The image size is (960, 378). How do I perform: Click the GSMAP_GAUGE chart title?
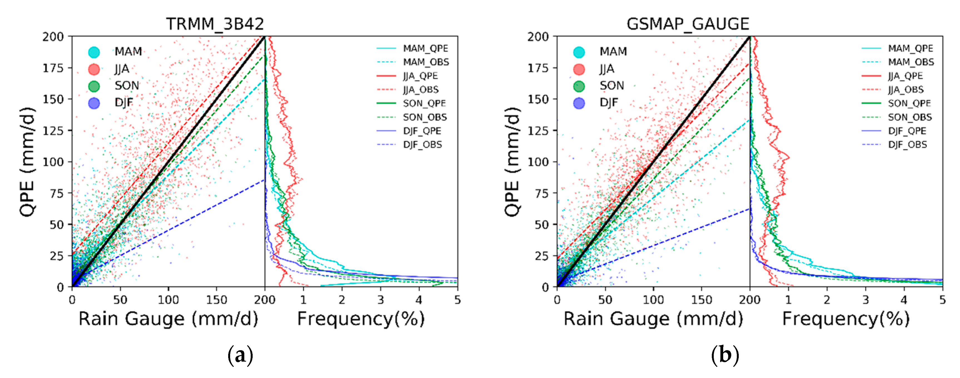[x=688, y=24]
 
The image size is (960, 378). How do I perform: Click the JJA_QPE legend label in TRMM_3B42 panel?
[x=420, y=76]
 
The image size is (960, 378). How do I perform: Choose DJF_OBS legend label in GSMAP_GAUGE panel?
[x=907, y=144]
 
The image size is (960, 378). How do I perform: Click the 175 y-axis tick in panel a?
[x=53, y=68]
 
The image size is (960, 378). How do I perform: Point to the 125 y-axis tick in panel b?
[x=538, y=130]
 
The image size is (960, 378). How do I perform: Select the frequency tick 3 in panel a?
[x=380, y=300]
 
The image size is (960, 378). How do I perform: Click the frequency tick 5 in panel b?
[x=942, y=300]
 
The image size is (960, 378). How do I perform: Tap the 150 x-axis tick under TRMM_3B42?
[x=217, y=300]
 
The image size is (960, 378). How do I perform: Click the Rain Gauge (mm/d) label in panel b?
[x=653, y=319]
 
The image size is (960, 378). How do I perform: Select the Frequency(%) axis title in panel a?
[x=361, y=319]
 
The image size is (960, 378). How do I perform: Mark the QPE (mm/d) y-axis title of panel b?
[x=513, y=161]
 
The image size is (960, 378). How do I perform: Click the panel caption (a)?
[x=240, y=355]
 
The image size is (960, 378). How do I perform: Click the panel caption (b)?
[x=725, y=355]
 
